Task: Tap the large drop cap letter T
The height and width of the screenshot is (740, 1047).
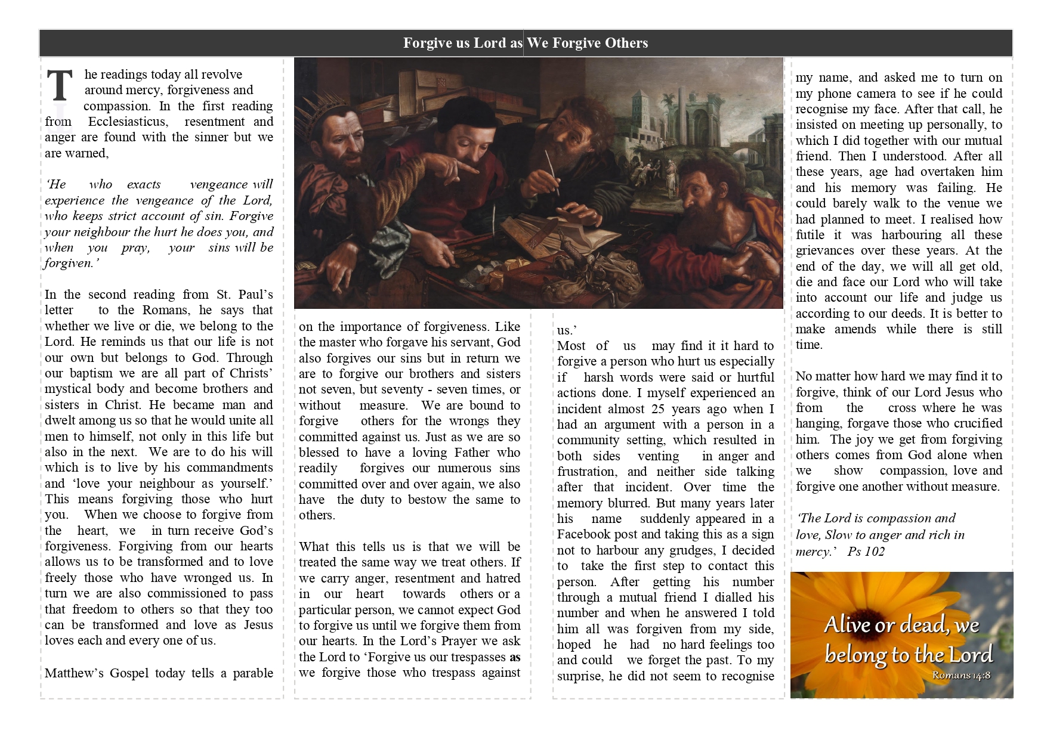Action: [60, 86]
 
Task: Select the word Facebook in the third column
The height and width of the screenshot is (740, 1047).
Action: [585, 534]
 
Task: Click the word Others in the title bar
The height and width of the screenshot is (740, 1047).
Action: [626, 43]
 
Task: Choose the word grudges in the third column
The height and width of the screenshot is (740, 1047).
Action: [693, 550]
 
